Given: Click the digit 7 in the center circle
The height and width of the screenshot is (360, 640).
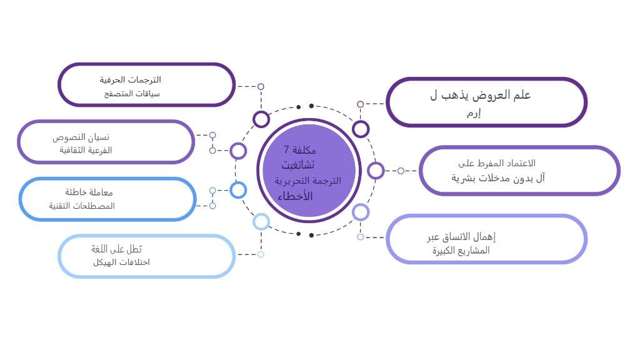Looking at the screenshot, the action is tap(286, 149).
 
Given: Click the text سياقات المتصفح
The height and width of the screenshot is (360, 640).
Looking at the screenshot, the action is tap(132, 94).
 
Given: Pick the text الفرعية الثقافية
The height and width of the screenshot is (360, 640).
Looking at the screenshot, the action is tap(86, 151).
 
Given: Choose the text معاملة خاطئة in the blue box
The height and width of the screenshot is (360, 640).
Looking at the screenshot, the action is tap(89, 192).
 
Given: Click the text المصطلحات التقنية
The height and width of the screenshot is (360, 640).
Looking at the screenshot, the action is tap(82, 206).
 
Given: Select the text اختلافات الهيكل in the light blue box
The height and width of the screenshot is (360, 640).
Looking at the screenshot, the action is tap(121, 262).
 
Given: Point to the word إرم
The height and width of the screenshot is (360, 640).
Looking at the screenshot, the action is tap(474, 113).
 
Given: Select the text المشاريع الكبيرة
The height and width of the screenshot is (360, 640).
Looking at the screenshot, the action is tap(461, 251).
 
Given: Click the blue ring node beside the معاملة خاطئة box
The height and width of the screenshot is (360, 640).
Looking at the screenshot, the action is tap(238, 190).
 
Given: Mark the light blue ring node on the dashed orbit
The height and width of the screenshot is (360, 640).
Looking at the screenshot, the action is tap(261, 221).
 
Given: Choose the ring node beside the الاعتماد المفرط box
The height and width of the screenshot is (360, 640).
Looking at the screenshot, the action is tap(376, 171).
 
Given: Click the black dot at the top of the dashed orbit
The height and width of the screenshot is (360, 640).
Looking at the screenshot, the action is tap(299, 107).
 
